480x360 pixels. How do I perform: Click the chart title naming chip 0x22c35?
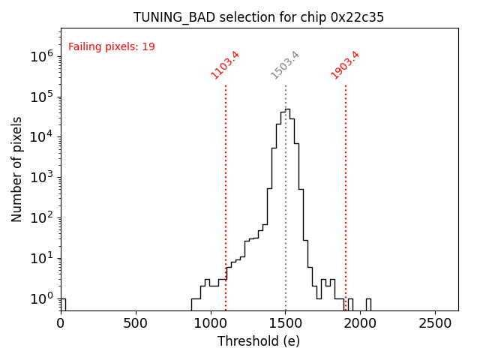pyautogui.click(x=259, y=17)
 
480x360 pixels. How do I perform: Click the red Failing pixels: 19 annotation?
pyautogui.click(x=112, y=46)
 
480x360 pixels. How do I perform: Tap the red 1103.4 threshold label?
pyautogui.click(x=225, y=65)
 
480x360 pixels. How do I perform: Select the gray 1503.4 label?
pyautogui.click(x=285, y=65)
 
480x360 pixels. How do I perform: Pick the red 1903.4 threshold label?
pyautogui.click(x=345, y=65)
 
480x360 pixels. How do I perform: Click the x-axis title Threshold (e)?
pyautogui.click(x=259, y=341)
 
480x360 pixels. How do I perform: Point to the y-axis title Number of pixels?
pyautogui.click(x=17, y=169)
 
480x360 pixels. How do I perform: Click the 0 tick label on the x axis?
pyautogui.click(x=61, y=323)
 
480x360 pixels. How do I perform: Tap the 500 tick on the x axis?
pyautogui.click(x=136, y=323)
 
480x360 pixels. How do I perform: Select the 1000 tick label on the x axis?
pyautogui.click(x=211, y=323)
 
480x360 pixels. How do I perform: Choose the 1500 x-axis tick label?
pyautogui.click(x=286, y=323)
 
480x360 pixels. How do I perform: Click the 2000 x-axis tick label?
pyautogui.click(x=361, y=323)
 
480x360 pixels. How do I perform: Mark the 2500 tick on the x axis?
pyautogui.click(x=436, y=323)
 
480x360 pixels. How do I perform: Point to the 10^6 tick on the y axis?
pyautogui.click(x=40, y=55)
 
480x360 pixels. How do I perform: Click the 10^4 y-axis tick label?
pyautogui.click(x=40, y=136)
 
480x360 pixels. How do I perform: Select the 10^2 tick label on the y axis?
pyautogui.click(x=40, y=217)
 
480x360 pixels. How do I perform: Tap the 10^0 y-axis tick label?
pyautogui.click(x=40, y=298)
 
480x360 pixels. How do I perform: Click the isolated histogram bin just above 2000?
pyautogui.click(x=368, y=304)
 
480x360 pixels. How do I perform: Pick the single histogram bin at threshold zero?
pyautogui.click(x=63, y=304)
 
